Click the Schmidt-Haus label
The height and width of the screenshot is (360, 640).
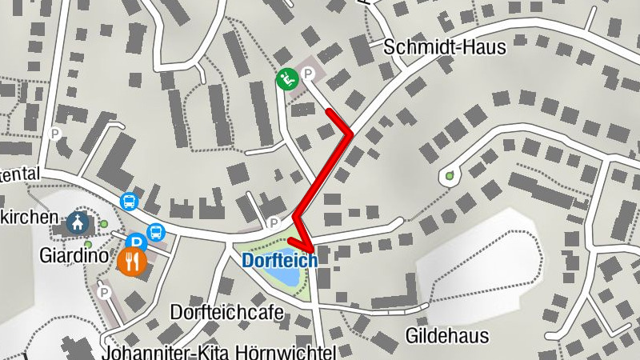[445, 47]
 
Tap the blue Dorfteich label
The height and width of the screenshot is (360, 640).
[280, 260]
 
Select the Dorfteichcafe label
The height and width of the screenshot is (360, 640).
[227, 312]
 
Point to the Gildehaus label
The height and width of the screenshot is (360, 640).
[447, 334]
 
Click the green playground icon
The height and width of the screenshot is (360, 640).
[287, 79]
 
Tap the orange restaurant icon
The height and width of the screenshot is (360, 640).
[132, 260]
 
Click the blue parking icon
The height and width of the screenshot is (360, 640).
[136, 241]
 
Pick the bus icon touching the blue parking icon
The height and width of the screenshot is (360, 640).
[155, 233]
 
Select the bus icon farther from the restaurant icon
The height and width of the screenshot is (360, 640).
[129, 201]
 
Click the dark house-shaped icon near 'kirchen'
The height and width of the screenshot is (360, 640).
[78, 222]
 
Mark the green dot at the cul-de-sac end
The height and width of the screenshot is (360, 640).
[449, 175]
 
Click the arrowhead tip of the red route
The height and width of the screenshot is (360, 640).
[309, 250]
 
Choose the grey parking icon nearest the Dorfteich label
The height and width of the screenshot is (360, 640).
[274, 222]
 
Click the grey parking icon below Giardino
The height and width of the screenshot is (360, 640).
[103, 293]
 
